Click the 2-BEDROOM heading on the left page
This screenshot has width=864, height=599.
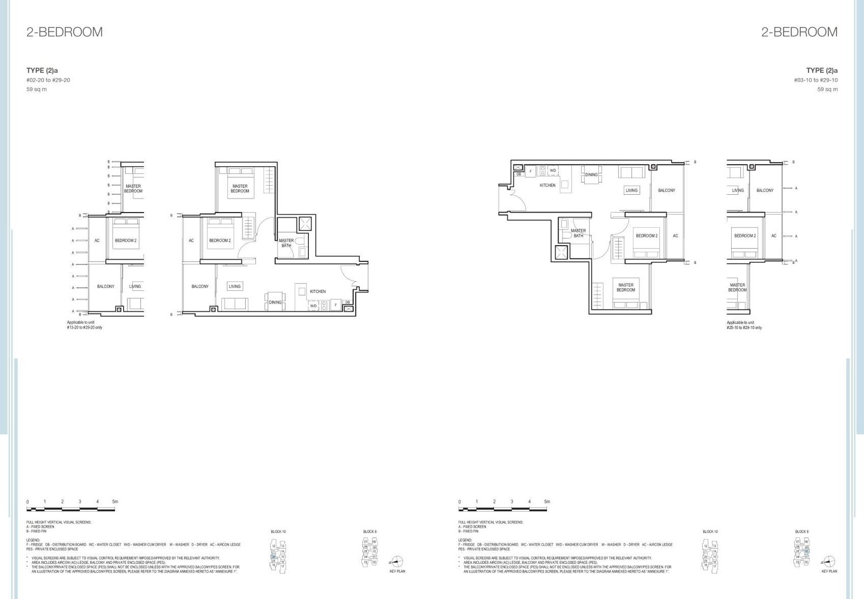[64, 32]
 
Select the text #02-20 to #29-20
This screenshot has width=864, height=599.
[48, 80]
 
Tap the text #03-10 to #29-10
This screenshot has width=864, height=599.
[815, 80]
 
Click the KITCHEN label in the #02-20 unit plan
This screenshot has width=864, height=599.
[318, 291]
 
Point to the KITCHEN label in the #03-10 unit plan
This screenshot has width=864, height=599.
[548, 185]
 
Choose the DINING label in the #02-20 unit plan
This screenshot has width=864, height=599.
[275, 302]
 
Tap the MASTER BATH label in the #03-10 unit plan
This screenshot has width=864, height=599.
[578, 233]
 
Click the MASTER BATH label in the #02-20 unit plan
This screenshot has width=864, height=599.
[286, 243]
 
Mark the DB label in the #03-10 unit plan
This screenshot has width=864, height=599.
[518, 174]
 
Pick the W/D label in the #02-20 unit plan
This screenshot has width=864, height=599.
[313, 306]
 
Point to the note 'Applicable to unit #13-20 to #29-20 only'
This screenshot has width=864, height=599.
[84, 325]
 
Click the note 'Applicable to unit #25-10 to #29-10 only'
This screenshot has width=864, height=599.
[744, 325]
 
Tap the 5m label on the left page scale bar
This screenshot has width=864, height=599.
[114, 501]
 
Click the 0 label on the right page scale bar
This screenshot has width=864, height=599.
[460, 502]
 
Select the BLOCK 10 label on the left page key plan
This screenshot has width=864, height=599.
[278, 532]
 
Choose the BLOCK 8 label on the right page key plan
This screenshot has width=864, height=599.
[802, 532]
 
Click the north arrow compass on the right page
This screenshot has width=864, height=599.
[829, 561]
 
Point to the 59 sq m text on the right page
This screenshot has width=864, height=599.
[827, 90]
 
